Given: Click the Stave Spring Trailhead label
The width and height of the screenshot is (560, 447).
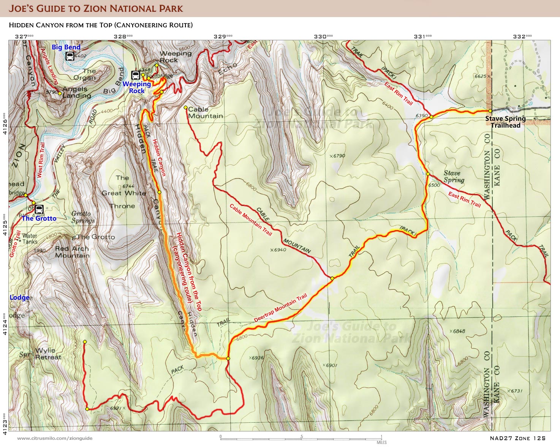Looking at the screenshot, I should [x=505, y=122].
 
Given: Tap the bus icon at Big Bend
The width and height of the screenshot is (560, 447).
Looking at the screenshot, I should [x=70, y=57].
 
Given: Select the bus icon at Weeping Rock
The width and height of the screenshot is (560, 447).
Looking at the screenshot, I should [x=136, y=75].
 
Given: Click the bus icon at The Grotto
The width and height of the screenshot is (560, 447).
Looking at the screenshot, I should [x=39, y=209].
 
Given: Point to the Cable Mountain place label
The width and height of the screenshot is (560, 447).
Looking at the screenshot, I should [x=205, y=113].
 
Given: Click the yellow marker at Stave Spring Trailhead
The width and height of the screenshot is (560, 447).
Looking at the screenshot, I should [x=490, y=111].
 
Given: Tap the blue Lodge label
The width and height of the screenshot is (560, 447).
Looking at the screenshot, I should [x=20, y=297].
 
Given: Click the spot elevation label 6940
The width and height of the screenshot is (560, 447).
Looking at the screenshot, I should [x=280, y=250].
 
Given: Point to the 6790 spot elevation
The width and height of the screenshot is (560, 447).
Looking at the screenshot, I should [x=338, y=156].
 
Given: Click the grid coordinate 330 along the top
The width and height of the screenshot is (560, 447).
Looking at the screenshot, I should [x=323, y=36].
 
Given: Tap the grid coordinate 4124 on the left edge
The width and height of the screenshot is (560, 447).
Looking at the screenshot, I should [x=5, y=324].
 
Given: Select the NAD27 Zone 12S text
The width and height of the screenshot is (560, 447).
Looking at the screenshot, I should [x=517, y=438].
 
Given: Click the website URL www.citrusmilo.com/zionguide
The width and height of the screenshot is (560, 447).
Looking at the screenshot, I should [x=55, y=438].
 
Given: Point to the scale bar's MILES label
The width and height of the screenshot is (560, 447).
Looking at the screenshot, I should [x=381, y=442].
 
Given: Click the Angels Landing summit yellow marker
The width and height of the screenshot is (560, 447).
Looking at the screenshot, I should [x=60, y=93].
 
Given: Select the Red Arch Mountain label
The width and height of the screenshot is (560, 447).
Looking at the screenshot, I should [x=72, y=252].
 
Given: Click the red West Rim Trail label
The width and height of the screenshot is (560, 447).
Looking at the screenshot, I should [x=41, y=160].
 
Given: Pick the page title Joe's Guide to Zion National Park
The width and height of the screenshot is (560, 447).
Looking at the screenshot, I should [x=96, y=8].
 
